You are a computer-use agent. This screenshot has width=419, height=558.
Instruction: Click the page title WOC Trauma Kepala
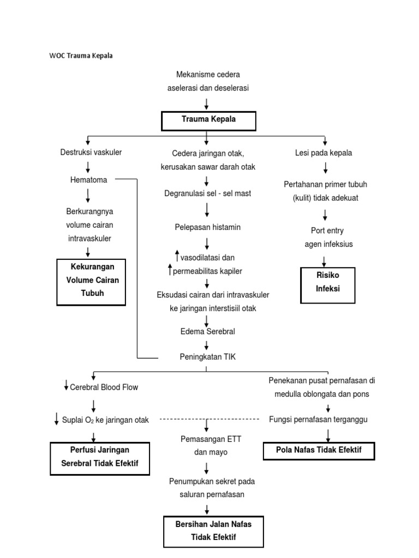click(81, 56)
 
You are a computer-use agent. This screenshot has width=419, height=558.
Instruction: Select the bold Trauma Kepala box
click(208, 119)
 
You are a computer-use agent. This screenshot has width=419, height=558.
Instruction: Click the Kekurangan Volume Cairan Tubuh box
click(92, 281)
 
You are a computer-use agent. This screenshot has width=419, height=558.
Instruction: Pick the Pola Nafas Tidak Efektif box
click(319, 451)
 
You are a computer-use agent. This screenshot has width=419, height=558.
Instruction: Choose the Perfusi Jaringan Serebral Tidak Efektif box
click(100, 458)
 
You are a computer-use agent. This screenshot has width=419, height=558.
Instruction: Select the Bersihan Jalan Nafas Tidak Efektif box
click(213, 531)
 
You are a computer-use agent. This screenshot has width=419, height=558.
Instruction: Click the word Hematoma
click(89, 180)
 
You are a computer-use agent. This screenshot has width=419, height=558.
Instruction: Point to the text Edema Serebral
click(207, 331)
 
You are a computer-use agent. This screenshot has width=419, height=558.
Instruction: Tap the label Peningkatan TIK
click(207, 357)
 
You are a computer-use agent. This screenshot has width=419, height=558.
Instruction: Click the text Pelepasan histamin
click(207, 227)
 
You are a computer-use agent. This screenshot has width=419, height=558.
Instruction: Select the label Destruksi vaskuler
click(91, 153)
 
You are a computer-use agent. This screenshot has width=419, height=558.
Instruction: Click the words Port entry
click(327, 231)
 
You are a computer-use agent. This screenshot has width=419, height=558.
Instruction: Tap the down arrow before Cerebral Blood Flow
click(66, 386)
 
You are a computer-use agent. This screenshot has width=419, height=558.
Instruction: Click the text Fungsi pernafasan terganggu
click(319, 419)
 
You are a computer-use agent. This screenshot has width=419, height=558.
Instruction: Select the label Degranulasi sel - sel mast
click(207, 193)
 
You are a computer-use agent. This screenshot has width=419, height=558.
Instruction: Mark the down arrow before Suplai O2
click(57, 419)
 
